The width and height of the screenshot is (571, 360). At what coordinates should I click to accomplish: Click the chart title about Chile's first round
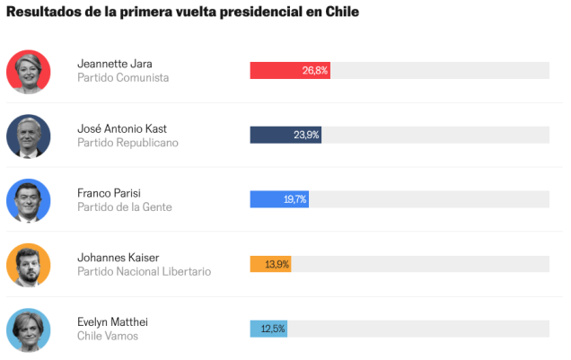pos(183,13)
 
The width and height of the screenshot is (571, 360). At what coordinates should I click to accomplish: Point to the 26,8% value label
pos(315,70)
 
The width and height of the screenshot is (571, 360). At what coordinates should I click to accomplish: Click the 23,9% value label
pos(306,135)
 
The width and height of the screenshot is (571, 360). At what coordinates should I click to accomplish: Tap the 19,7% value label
pos(294,199)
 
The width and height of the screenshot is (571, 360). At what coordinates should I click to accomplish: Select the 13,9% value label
pos(277,264)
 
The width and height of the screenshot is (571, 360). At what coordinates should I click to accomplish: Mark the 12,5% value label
pos(273,329)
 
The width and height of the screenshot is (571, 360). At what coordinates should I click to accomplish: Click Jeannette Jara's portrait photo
pos(29,71)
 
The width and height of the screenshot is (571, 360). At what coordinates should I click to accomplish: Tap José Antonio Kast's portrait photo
pos(29,136)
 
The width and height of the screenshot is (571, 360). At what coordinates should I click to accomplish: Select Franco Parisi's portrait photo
pos(29,200)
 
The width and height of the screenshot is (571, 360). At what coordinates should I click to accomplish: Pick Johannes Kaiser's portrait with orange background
pos(29,265)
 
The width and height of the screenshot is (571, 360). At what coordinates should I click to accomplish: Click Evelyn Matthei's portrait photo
pos(29,329)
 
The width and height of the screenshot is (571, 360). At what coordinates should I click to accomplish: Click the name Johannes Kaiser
pos(118,258)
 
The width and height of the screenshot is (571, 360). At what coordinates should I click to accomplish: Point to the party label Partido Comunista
pos(123,78)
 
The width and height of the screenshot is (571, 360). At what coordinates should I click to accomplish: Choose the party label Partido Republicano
pos(127,143)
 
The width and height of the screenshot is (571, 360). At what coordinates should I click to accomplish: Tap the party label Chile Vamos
pos(108,337)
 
